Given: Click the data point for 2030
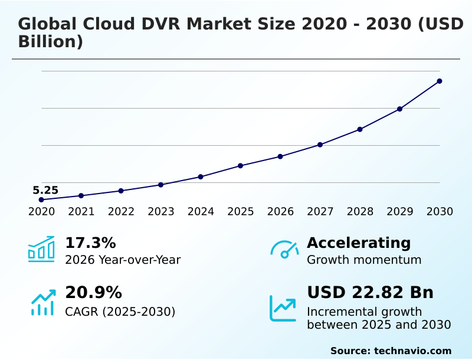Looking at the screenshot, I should [x=440, y=81].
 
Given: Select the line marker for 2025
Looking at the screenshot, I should [x=241, y=166].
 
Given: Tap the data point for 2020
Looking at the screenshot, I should [x=41, y=199].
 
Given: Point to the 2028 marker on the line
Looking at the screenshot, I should [x=360, y=129].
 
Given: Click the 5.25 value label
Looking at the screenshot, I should [x=45, y=190].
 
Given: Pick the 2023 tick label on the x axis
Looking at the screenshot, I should [x=161, y=212].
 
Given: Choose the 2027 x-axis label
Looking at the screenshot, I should [x=320, y=212].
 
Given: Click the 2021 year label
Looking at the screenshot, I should [x=81, y=212].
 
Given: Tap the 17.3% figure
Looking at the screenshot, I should [x=90, y=243].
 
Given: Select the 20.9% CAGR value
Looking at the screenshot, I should [x=93, y=293].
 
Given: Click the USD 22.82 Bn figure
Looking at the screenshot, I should [x=370, y=293].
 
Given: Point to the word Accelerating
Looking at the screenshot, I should [x=359, y=243].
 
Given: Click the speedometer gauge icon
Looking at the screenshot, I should [x=284, y=250].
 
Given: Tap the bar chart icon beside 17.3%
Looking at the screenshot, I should [x=41, y=250].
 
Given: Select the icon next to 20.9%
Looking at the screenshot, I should [x=42, y=302].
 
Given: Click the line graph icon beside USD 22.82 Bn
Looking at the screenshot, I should [x=283, y=307].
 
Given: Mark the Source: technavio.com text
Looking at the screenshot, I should [x=391, y=351].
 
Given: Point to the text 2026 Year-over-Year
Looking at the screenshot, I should [x=123, y=260].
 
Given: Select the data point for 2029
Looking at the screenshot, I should [x=399, y=109].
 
